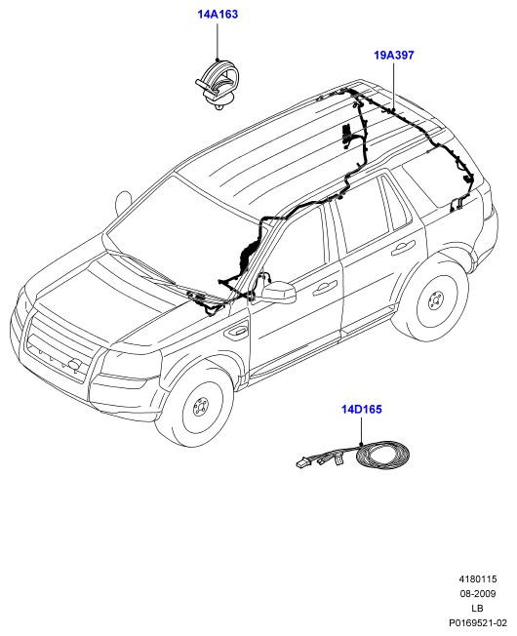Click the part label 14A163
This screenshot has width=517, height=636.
tap(218, 15)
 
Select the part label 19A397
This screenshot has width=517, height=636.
tap(394, 55)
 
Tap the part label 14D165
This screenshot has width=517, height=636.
tap(361, 409)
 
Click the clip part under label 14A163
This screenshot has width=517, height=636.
tap(217, 84)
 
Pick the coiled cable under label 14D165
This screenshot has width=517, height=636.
tap(382, 457)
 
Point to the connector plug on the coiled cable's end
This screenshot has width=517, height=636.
tap(302, 462)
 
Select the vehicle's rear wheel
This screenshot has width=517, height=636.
tap(432, 300)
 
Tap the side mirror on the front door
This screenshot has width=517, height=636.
tap(279, 293)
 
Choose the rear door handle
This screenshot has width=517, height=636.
tap(403, 248)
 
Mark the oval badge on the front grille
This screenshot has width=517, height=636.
tap(74, 364)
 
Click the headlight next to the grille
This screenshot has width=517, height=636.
tap(125, 363)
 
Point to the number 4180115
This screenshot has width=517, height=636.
tap(478, 578)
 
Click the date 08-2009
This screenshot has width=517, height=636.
tap(478, 593)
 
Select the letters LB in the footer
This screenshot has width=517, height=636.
tap(477, 608)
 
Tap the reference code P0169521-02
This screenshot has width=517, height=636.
tap(478, 622)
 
